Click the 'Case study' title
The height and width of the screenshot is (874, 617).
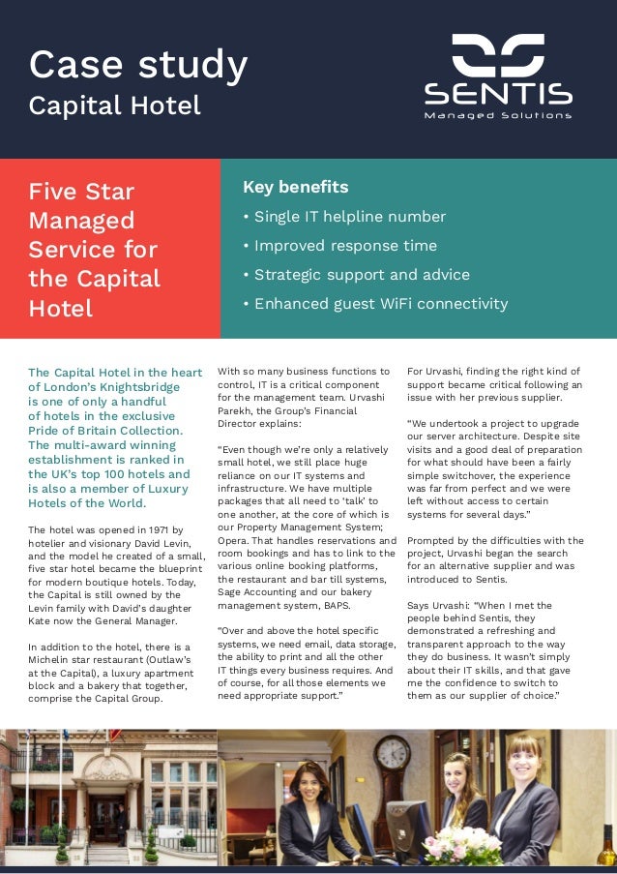tap(138, 64)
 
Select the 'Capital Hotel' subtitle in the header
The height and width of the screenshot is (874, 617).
tap(114, 105)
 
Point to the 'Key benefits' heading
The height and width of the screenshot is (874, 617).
tap(295, 187)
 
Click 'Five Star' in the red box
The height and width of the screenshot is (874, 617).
tap(81, 192)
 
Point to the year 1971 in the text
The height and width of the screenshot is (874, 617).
tap(153, 530)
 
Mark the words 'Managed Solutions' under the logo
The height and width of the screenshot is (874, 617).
tap(498, 116)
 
